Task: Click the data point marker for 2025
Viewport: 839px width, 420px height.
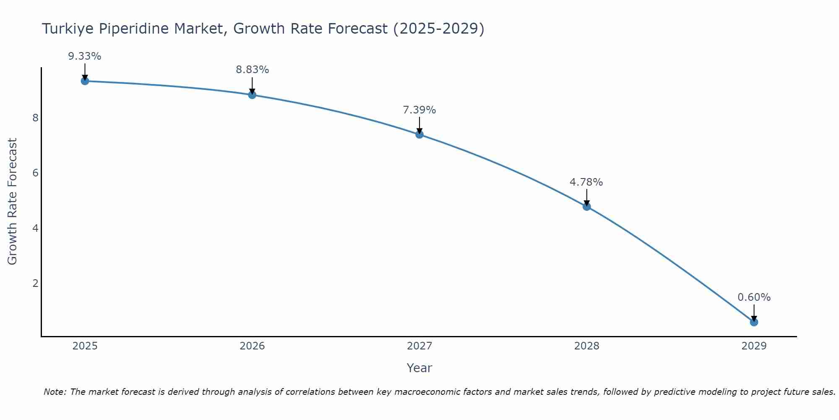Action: (x=85, y=81)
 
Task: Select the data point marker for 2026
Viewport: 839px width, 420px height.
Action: (x=252, y=95)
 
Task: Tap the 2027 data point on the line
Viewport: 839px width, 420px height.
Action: (x=419, y=134)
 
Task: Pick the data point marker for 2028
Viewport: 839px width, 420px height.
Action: (x=586, y=207)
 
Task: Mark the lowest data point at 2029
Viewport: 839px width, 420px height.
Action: (x=754, y=322)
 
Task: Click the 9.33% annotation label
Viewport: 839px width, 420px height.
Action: (x=85, y=56)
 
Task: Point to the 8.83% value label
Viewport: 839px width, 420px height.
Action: (x=252, y=70)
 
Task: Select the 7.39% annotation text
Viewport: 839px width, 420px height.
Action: (x=419, y=110)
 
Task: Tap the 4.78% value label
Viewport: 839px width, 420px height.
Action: (x=586, y=182)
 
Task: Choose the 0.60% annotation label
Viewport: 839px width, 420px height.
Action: (x=754, y=297)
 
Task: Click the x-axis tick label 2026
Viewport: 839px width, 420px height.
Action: (x=252, y=346)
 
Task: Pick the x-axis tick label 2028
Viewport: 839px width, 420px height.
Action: (x=586, y=346)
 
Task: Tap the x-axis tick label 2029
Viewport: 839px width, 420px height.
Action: (x=754, y=346)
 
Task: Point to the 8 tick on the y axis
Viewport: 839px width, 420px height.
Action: (x=35, y=118)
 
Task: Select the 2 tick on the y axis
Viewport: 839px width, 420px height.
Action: (x=35, y=283)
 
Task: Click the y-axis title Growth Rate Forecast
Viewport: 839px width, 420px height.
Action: (x=13, y=202)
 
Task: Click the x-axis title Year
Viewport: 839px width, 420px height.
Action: (x=419, y=368)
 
